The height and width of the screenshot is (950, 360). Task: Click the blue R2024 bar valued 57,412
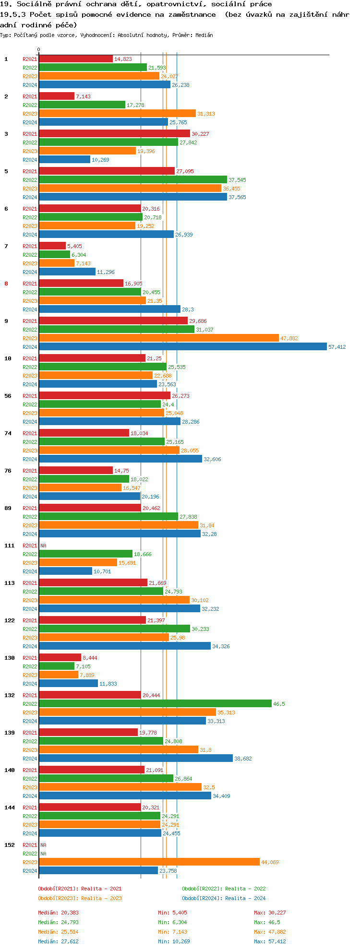click(x=182, y=346)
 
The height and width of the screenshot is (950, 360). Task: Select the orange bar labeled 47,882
click(x=158, y=338)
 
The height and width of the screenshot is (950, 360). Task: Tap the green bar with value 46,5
click(x=155, y=703)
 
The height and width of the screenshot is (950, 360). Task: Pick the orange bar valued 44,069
click(x=149, y=862)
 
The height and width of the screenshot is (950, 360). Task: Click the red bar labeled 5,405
click(x=52, y=246)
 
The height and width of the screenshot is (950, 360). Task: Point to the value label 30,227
click(x=200, y=134)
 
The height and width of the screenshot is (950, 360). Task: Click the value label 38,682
click(x=243, y=759)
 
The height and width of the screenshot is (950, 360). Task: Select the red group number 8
click(x=6, y=284)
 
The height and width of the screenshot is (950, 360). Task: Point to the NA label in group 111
click(x=43, y=546)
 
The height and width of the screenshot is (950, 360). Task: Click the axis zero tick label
click(x=38, y=49)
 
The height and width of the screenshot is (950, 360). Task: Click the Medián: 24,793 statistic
click(x=58, y=922)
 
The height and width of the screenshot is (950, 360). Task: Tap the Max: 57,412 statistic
click(x=270, y=941)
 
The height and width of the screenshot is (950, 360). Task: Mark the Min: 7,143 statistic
click(x=172, y=932)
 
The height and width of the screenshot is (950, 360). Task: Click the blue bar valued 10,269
click(x=64, y=159)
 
